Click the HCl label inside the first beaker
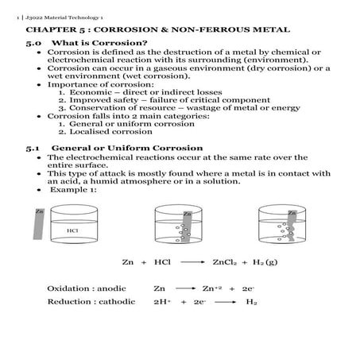[x=72, y=230]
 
